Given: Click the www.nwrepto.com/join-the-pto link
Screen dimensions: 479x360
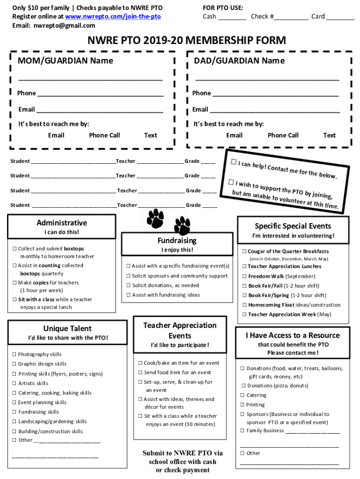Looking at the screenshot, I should point(113,16).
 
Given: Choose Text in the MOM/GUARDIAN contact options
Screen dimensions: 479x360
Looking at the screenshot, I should point(151,135).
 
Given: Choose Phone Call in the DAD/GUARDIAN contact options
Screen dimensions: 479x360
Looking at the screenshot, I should point(283,135).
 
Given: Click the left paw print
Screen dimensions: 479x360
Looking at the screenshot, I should point(155,217).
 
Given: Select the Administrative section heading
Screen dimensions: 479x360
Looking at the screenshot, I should point(62,223).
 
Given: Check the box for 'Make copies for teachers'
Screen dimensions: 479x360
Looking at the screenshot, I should point(14,283).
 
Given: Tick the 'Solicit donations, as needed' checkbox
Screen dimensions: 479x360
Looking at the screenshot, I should point(128,285).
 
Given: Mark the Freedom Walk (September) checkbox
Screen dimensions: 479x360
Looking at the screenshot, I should point(244,276).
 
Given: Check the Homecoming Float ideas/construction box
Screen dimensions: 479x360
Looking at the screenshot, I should point(244,305).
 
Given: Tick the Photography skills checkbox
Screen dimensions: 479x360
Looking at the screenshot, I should point(14,354).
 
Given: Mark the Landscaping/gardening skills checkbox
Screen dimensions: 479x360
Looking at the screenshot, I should point(14,421).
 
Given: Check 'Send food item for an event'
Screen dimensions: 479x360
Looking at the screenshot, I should point(140,372).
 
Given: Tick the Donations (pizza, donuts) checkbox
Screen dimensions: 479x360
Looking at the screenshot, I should point(244,385).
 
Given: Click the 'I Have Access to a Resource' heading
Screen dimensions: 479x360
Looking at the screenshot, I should point(293,335).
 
